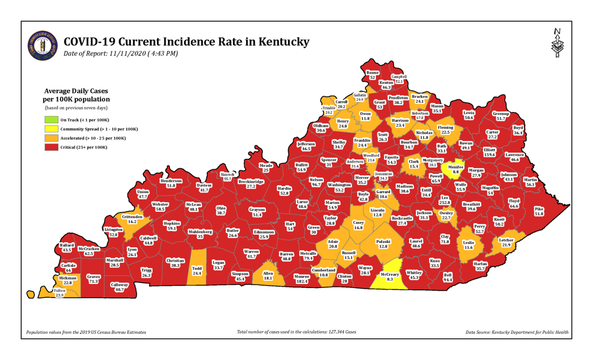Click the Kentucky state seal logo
(42, 45)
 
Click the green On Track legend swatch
(51, 119)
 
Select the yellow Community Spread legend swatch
(51, 129)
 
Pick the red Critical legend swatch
(51, 147)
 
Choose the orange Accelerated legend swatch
(51, 138)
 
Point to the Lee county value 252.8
(444, 202)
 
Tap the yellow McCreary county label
(390, 277)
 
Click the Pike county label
(539, 211)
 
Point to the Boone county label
(372, 75)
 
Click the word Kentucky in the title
(277, 42)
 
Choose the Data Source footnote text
(516, 332)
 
